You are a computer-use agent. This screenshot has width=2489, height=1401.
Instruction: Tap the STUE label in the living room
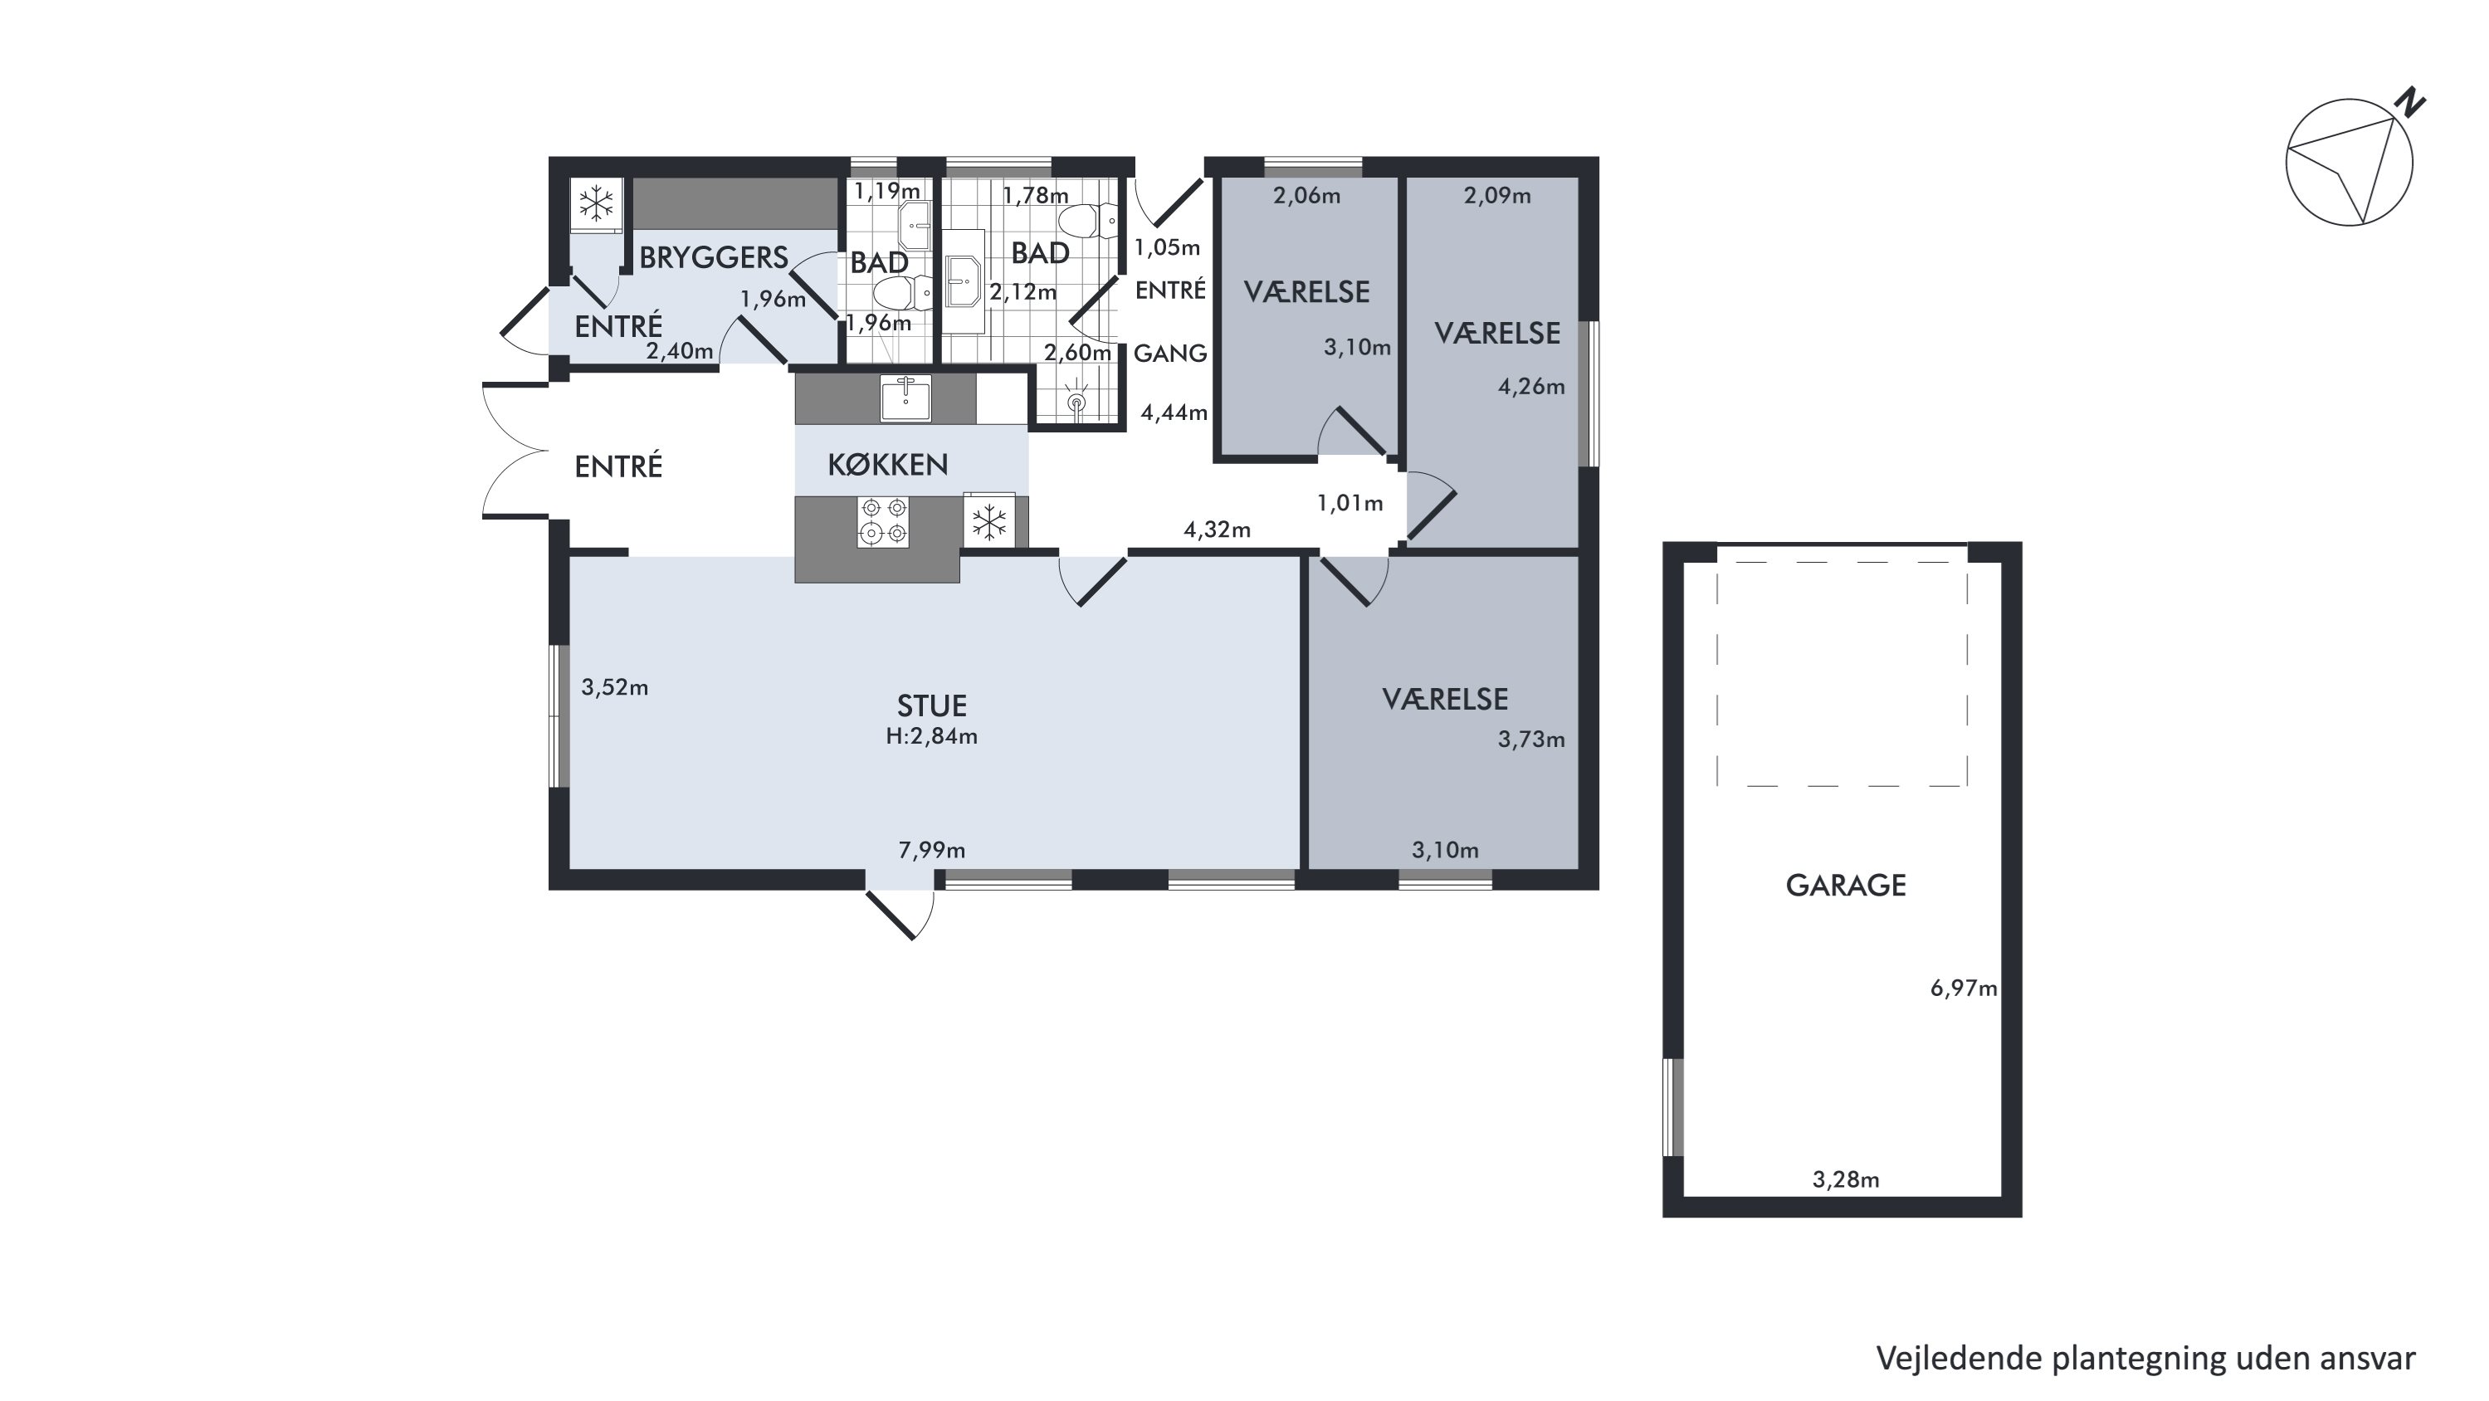click(931, 705)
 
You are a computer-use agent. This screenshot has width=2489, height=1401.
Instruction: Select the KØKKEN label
click(888, 465)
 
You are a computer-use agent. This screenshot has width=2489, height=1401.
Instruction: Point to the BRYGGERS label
click(714, 257)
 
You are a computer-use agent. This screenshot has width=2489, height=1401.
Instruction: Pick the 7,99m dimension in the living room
click(931, 850)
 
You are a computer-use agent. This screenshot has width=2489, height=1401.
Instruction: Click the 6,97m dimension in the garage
click(1964, 989)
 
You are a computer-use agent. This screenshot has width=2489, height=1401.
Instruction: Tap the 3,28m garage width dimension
click(1846, 1179)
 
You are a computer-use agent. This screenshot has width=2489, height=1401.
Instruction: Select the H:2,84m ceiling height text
click(931, 736)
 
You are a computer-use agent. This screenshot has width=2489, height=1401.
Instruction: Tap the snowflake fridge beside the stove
click(988, 523)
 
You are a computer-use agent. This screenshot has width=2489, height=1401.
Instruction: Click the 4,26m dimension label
click(1531, 387)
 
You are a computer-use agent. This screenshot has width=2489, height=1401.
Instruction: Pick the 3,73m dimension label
click(1531, 740)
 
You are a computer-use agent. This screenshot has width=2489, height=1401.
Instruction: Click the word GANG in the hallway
click(1170, 354)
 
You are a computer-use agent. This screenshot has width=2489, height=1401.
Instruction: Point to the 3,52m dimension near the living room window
click(614, 687)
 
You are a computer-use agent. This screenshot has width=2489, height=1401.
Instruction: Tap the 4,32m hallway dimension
click(1218, 530)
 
